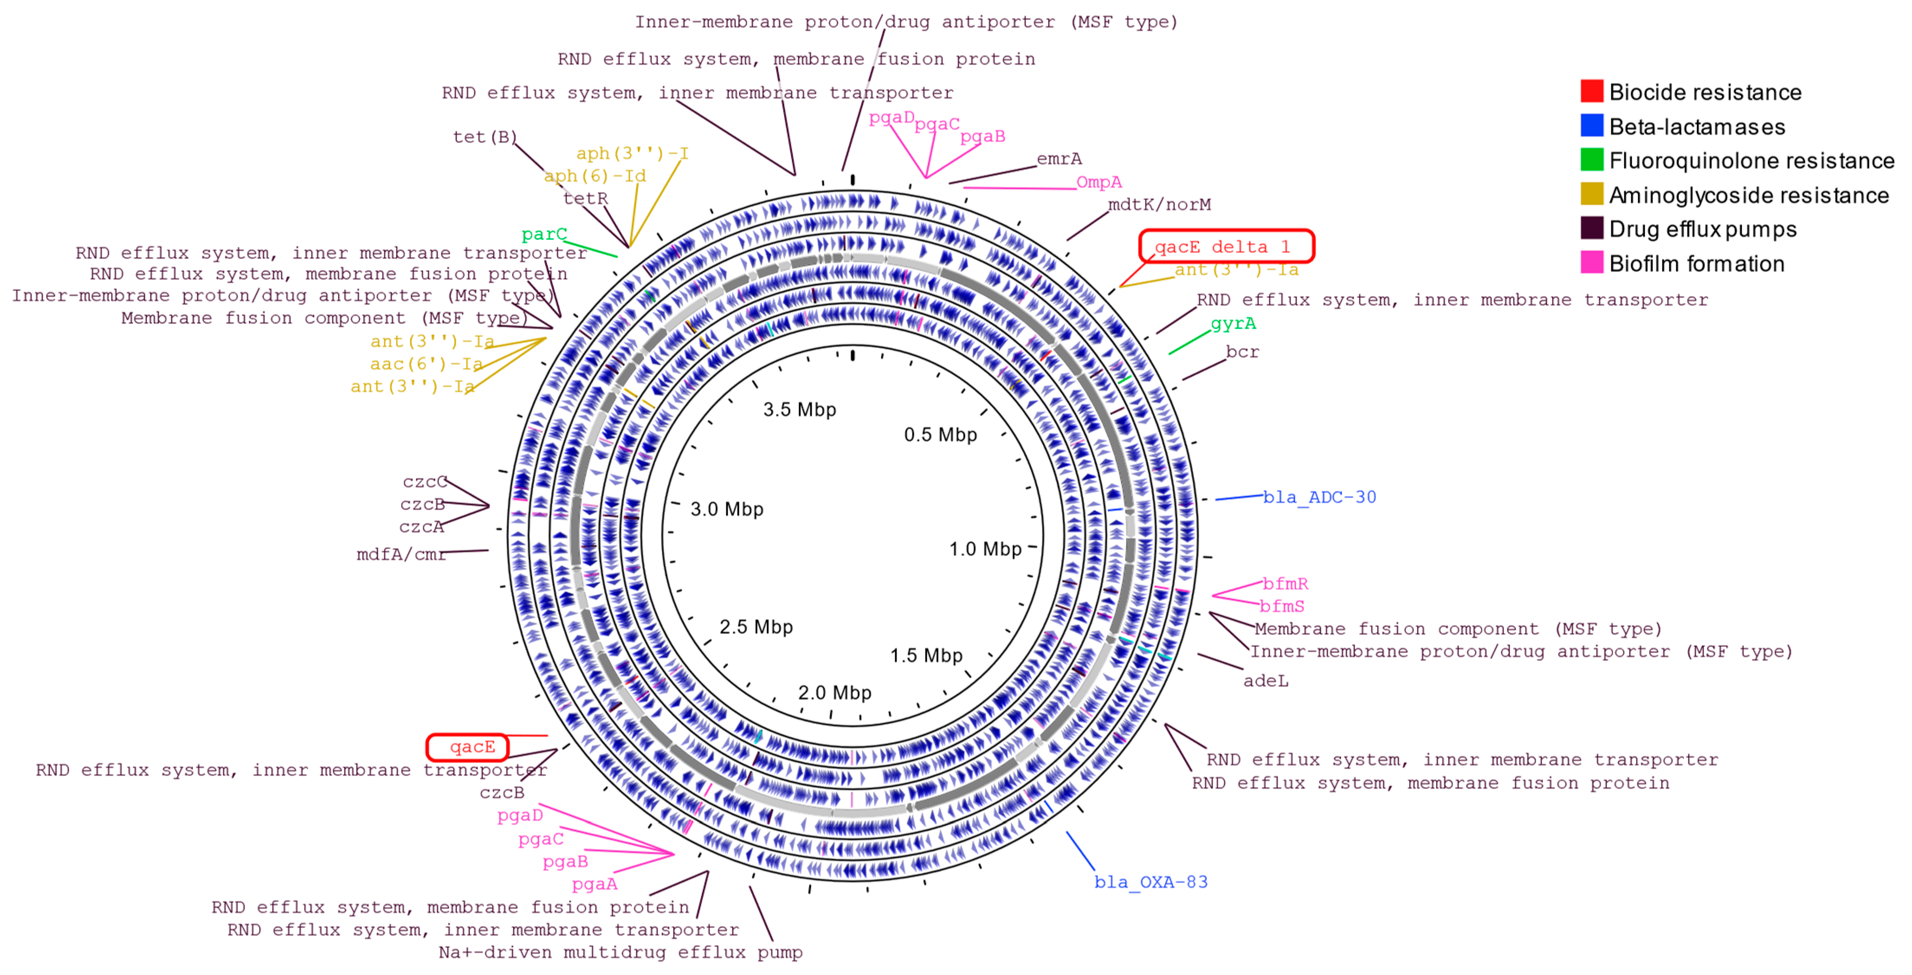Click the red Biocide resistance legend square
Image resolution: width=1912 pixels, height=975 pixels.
(x=1591, y=91)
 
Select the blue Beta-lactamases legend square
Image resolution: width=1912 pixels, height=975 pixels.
(x=1591, y=126)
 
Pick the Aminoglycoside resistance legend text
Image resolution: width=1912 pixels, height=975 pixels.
(x=1748, y=195)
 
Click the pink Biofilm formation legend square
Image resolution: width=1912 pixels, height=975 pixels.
(x=1591, y=263)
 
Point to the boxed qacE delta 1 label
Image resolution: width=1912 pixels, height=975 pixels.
(x=1226, y=246)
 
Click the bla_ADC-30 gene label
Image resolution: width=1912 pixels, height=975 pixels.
(x=1320, y=497)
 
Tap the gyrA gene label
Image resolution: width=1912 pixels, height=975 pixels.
(x=1233, y=323)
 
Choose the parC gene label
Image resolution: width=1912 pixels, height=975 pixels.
(x=544, y=235)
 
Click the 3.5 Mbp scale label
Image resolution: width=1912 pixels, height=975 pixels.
(x=799, y=410)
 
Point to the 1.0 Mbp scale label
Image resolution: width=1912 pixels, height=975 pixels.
(x=985, y=549)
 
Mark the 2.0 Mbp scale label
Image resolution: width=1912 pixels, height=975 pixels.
(x=834, y=692)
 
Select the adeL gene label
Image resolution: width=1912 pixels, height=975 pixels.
(x=1266, y=681)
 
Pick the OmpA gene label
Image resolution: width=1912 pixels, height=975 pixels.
(x=1098, y=182)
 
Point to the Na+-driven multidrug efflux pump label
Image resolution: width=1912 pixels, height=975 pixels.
(x=620, y=952)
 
